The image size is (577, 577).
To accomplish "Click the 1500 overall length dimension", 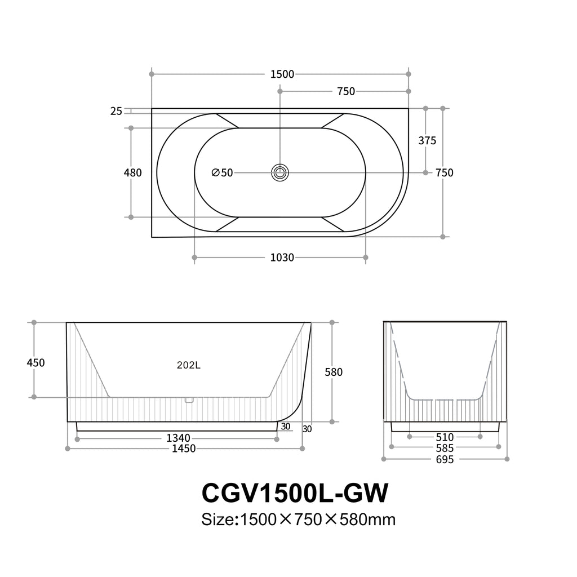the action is [282, 74].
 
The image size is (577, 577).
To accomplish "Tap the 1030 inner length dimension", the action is [282, 258].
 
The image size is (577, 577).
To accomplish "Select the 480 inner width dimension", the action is [132, 172].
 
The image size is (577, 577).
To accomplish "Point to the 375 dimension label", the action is [427, 140].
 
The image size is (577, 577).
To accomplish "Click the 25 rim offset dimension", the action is [116, 111].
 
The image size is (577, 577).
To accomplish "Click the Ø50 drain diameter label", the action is [222, 172].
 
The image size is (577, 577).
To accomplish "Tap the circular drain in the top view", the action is [280, 172].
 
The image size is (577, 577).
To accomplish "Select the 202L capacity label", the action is [188, 365].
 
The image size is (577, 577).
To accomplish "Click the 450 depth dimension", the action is [35, 363].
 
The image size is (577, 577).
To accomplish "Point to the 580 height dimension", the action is [334, 372].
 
